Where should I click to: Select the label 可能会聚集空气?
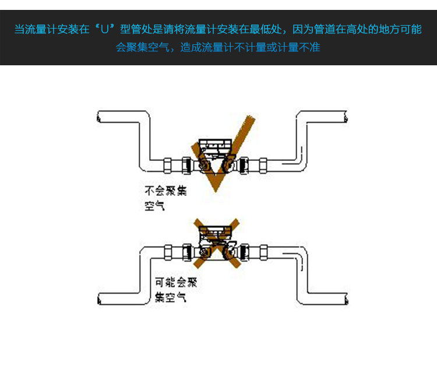click(176, 290)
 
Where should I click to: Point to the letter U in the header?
click(105, 29)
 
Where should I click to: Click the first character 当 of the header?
click(20, 29)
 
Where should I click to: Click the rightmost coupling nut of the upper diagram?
click(263, 166)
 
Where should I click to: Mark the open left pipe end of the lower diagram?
click(100, 301)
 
